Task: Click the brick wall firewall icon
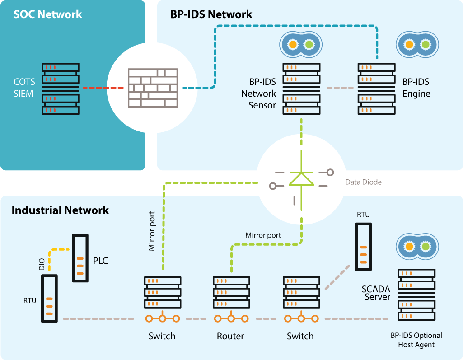pos(152,88)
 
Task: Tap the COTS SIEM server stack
pos(61,88)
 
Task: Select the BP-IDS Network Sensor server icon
pos(301,89)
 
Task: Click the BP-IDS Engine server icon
pos(376,89)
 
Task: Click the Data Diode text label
pos(363,182)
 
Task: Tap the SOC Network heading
pos(48,14)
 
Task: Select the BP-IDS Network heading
pos(211,14)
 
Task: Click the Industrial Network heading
pos(60,210)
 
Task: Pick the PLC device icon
pos(80,258)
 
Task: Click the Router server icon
pos(231,292)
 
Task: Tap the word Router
pos(230,336)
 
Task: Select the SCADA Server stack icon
pos(416,294)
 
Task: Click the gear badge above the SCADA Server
pos(416,247)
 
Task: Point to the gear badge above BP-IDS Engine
pos(416,44)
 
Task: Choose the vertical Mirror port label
pos(152,230)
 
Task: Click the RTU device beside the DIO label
pos(49,299)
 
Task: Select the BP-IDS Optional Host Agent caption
pos(416,340)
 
